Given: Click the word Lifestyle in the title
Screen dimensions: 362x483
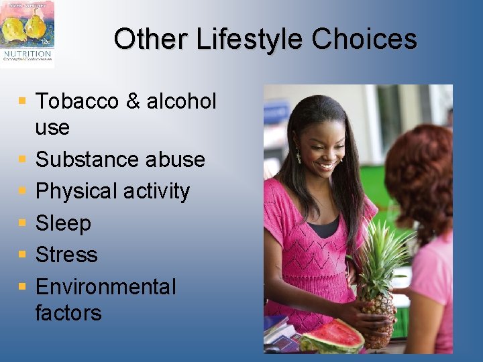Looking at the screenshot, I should click(250, 40).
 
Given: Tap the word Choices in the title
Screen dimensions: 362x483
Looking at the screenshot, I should click(364, 40).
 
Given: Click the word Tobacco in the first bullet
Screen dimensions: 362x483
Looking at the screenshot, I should click(76, 101).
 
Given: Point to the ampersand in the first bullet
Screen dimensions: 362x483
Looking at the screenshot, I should click(133, 101).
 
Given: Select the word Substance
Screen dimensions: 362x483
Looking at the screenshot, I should click(78, 160).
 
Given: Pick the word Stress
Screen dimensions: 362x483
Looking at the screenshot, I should click(66, 255).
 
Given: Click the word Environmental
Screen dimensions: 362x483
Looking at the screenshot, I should click(105, 287).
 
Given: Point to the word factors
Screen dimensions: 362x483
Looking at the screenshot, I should click(68, 312).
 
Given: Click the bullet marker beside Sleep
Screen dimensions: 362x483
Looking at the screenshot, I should click(23, 223).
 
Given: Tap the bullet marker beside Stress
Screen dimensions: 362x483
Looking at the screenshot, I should click(23, 255).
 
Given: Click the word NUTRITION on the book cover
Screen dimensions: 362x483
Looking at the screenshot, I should click(26, 53).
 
